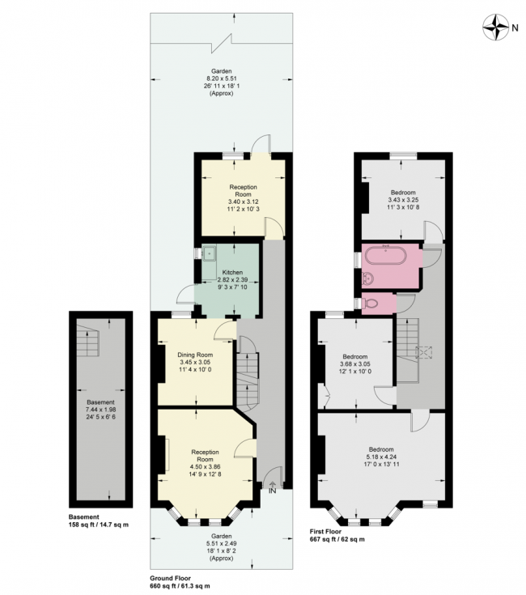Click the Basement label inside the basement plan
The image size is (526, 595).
tap(101, 402)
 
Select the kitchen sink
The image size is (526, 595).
tap(209, 252)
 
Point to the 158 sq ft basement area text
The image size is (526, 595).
tap(100, 525)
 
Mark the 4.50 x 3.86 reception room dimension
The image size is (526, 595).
tap(206, 466)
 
